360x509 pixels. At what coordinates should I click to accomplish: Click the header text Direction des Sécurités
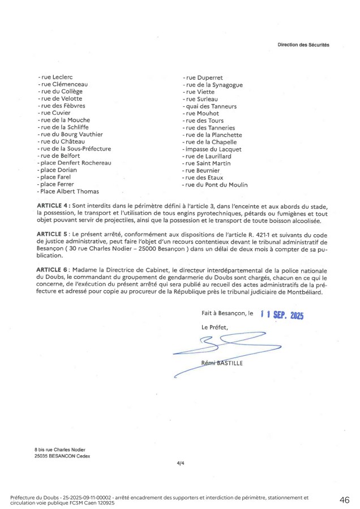pyautogui.click(x=303, y=44)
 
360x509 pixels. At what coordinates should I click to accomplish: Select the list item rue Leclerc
pyautogui.click(x=55, y=77)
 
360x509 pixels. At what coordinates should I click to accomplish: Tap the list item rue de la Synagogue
pyautogui.click(x=214, y=84)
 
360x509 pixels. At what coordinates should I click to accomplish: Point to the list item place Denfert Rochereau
pyautogui.click(x=74, y=163)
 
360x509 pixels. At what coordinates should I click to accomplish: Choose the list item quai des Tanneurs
pyautogui.click(x=209, y=106)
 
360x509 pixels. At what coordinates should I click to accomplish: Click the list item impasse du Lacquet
pyautogui.click(x=212, y=149)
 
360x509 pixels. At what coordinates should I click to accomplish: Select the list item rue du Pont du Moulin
pyautogui.click(x=216, y=184)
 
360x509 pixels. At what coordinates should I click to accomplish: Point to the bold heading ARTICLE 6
pyautogui.click(x=54, y=269)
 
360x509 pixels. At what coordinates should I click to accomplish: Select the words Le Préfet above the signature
pyautogui.click(x=213, y=327)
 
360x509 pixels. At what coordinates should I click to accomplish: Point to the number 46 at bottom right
pyautogui.click(x=344, y=500)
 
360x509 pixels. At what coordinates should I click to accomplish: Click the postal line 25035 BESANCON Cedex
pyautogui.click(x=62, y=456)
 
